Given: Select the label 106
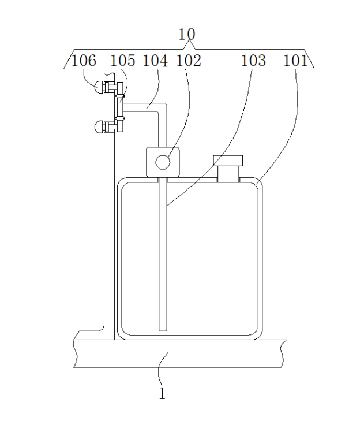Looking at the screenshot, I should pos(84,61).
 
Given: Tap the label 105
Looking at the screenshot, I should pos(122,61).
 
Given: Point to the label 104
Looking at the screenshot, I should pos(155,61).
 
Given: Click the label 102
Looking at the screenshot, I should pos(189,61).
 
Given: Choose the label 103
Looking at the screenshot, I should pos(254,61).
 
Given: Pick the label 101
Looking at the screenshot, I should pos(295,61).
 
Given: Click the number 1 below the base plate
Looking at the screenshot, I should pos(163,394).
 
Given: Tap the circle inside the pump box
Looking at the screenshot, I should pos(163,163).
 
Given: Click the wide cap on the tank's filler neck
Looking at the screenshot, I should pos(228,160).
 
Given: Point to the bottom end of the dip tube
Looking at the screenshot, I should pos(163,329).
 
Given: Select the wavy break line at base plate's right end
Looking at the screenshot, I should pos(283,353).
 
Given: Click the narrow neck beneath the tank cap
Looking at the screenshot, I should pos(228,174).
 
